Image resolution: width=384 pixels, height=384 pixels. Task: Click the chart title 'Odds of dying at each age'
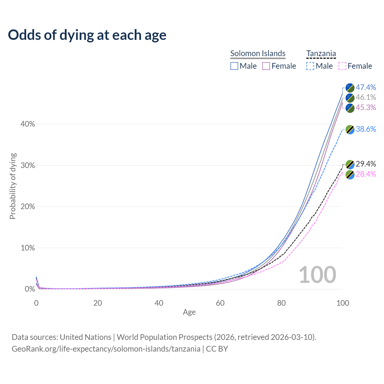point(87,35)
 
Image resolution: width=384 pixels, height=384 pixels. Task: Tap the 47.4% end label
point(366,87)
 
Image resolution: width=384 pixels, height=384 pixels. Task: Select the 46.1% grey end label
point(366,97)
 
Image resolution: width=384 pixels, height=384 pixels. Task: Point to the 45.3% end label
point(366,107)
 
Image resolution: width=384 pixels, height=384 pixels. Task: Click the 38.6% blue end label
point(366,129)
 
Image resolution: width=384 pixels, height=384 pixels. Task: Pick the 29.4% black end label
point(366,164)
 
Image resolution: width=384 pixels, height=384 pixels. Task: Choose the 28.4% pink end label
point(366,174)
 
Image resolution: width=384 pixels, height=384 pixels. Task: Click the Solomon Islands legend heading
point(258,53)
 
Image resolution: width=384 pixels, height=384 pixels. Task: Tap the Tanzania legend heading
point(321,53)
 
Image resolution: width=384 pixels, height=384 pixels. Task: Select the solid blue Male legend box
point(234,66)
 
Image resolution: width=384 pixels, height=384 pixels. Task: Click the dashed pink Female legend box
point(342,66)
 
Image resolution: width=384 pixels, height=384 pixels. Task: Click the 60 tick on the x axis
point(220,303)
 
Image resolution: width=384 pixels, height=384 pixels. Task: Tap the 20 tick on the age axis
point(97,303)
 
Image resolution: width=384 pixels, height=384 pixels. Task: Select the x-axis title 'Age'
point(189,312)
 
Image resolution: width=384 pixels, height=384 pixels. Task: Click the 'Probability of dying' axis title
point(13,186)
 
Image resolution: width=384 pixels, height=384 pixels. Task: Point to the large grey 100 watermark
point(317,275)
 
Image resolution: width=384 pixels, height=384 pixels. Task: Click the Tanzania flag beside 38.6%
point(350,130)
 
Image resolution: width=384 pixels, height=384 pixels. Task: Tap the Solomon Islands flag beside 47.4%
point(350,88)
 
